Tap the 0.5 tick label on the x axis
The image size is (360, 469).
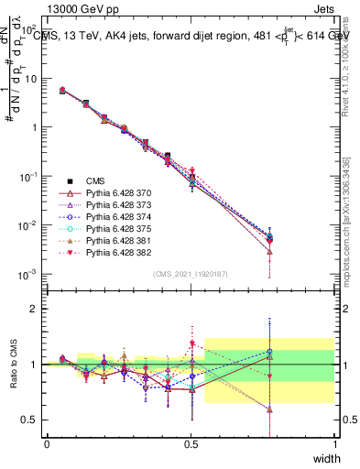tap(191, 444)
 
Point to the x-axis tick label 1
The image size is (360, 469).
tap(335, 444)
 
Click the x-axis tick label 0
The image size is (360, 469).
tap(47, 444)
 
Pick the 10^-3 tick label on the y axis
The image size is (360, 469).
tap(27, 274)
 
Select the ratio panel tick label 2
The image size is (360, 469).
tap(34, 309)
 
